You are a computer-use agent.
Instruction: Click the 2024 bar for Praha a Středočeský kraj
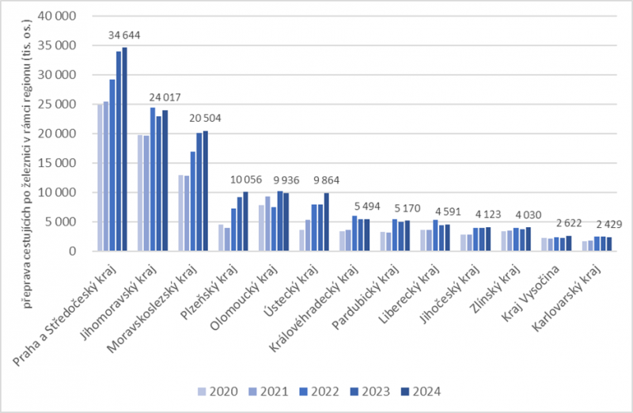125,150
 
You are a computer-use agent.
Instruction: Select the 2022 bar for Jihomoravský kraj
153,180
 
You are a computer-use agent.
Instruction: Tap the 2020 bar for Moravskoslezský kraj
181,213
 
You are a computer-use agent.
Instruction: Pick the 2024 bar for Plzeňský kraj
245,222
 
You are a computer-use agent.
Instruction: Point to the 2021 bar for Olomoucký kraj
267,224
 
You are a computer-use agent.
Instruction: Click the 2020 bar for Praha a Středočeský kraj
100,178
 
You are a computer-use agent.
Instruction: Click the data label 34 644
124,36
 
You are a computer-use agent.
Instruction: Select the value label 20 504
205,119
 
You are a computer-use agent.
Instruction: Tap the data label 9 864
326,180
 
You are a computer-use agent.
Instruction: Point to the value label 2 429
609,225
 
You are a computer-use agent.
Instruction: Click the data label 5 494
367,206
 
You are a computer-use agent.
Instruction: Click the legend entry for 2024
421,392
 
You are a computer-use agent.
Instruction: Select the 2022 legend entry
320,392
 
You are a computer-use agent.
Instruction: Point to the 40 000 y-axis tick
57,16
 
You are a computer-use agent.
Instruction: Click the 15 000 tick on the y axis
57,163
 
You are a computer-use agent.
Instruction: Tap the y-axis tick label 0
72,251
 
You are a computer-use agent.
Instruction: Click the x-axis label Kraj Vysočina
529,293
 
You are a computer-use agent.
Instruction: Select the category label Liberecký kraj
408,294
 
